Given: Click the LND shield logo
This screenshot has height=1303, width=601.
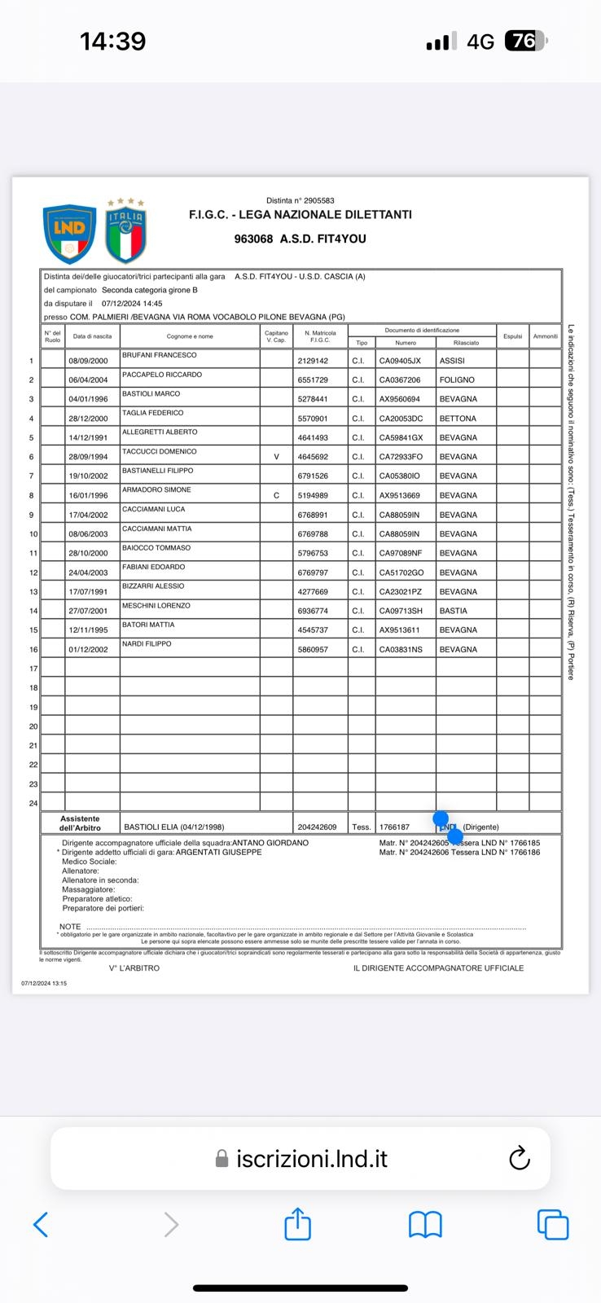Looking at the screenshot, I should (x=69, y=234).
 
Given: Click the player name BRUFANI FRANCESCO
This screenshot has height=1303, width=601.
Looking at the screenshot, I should (x=160, y=355).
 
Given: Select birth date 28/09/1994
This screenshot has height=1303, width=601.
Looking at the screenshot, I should (x=88, y=457).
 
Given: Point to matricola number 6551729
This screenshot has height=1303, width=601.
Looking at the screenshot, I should (x=313, y=380).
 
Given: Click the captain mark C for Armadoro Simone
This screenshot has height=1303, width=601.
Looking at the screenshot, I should (x=276, y=495).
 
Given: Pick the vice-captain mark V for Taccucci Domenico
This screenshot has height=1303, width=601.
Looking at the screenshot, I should (x=276, y=457).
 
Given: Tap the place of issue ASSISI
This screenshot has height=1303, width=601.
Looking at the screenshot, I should (x=452, y=361).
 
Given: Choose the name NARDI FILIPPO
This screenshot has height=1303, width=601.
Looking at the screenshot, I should (x=147, y=644).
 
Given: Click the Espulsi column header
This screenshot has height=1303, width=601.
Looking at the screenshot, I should (x=512, y=336).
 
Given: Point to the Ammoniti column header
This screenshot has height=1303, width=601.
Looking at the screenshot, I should (x=545, y=336).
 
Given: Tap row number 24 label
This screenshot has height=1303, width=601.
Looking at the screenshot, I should (x=33, y=804).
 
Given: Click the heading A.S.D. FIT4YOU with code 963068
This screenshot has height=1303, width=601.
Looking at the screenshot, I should (x=300, y=239).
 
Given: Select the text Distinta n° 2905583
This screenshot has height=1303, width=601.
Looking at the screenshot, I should (x=300, y=200).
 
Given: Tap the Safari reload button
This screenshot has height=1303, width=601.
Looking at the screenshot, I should (x=519, y=1158).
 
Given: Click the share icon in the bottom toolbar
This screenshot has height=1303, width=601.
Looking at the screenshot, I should (x=297, y=1224).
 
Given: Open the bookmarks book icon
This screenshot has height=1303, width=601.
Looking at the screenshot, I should (x=425, y=1224).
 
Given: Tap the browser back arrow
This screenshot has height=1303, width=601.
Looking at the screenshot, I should (x=41, y=1224).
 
